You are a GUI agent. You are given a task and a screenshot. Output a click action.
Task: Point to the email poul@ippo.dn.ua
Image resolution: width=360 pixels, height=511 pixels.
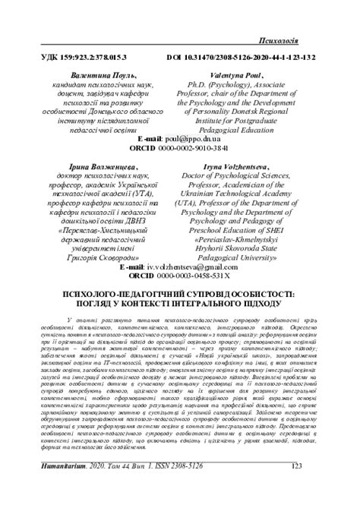(199, 140)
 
